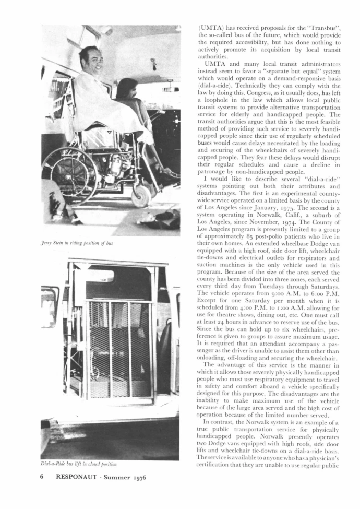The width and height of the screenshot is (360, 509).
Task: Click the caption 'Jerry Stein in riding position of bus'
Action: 77,243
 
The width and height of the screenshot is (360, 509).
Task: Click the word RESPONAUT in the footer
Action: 80,478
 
